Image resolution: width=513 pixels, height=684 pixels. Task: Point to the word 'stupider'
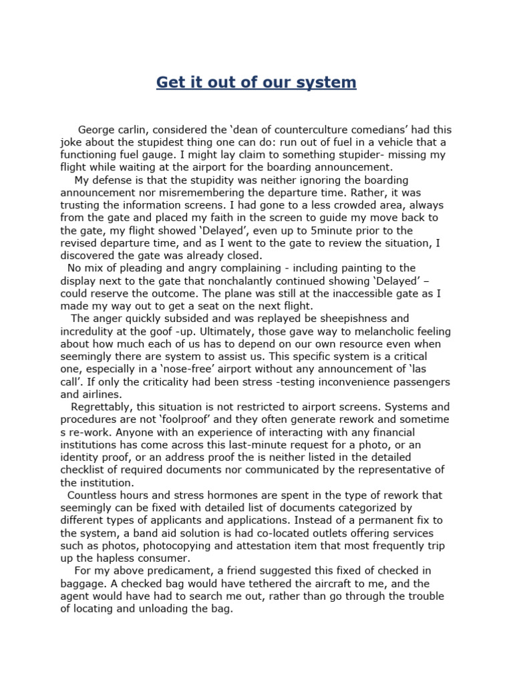click(364, 155)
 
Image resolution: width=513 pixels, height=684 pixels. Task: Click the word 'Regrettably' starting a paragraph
click(102, 407)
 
